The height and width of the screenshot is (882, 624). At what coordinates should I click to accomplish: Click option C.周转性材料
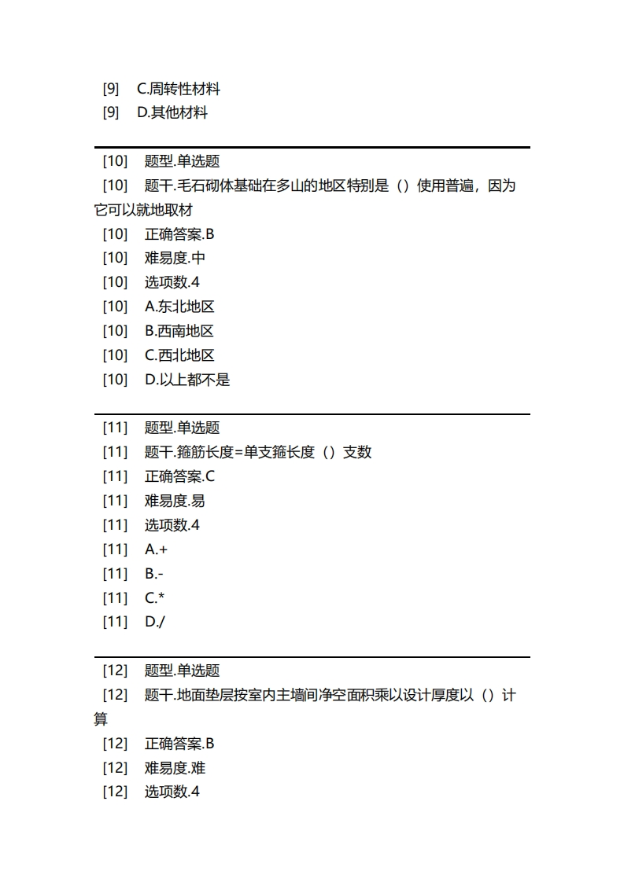tap(179, 89)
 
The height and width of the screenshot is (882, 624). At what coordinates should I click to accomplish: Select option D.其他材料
tap(172, 112)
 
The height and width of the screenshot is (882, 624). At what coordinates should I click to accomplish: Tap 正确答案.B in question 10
tap(179, 233)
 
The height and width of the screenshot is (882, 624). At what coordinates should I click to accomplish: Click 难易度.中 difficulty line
tap(175, 258)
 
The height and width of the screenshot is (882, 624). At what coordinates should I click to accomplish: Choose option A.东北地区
tap(179, 307)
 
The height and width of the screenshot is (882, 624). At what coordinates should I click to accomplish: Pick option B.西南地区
tap(179, 331)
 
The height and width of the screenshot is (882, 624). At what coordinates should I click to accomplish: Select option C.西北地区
tap(179, 355)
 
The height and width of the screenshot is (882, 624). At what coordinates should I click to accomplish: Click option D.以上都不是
tap(187, 380)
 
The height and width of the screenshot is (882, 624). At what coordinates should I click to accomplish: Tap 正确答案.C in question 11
tap(179, 476)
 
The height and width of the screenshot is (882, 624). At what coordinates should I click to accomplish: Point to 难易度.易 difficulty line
tap(175, 500)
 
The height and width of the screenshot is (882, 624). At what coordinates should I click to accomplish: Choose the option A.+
tap(156, 549)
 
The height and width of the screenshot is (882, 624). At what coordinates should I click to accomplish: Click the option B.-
tap(154, 573)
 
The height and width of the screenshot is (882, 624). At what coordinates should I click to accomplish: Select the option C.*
tap(155, 597)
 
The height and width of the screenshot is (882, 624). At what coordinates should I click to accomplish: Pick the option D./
tap(155, 622)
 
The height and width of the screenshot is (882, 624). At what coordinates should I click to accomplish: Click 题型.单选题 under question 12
tap(182, 671)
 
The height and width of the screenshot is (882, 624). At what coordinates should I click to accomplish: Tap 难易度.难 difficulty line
tap(175, 767)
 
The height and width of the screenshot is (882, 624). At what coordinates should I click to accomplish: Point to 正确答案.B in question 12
tap(179, 743)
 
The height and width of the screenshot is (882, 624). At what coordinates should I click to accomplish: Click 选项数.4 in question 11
tap(172, 524)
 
